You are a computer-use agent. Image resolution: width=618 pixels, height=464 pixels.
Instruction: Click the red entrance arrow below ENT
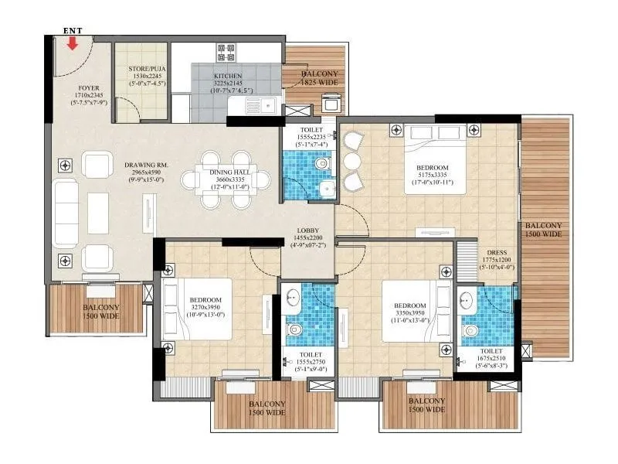(x=73, y=43)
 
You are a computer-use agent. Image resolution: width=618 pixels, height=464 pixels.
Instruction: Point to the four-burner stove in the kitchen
(x=226, y=53)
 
